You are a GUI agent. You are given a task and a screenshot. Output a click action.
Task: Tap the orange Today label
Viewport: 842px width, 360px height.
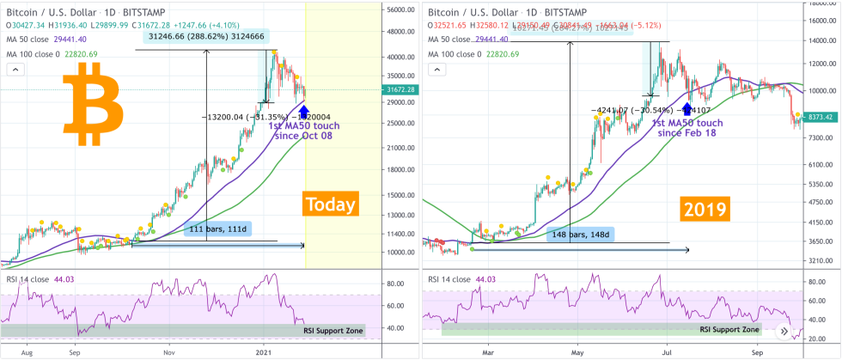[x=332, y=204]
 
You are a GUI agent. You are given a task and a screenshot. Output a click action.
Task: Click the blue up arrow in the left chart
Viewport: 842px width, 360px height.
[x=305, y=110]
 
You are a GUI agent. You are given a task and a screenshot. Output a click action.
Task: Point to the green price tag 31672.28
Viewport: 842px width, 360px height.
[x=400, y=89]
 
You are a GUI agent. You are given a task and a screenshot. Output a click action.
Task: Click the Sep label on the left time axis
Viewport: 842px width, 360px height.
[x=76, y=351]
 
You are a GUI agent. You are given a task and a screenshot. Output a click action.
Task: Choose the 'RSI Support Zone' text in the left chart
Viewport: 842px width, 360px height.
[x=333, y=330]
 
